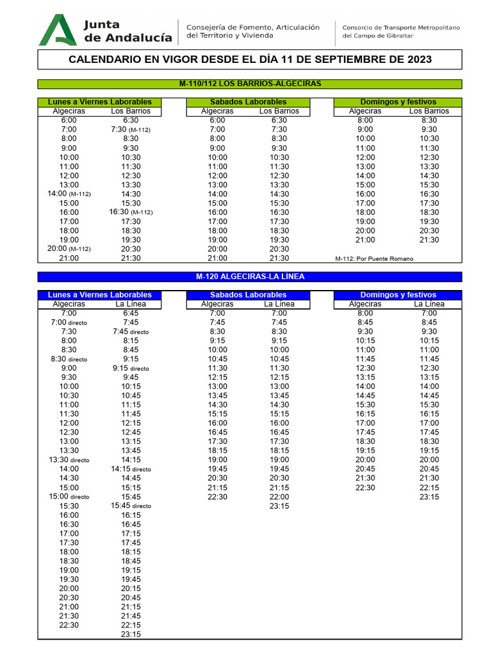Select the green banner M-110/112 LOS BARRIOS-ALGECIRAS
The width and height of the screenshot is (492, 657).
tap(250, 83)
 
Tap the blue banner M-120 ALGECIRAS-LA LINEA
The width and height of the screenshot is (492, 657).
tap(250, 277)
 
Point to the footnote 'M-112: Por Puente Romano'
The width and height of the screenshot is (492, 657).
tap(374, 259)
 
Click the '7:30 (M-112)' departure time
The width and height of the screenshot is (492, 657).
tap(131, 130)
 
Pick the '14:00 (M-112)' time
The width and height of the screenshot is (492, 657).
tap(69, 194)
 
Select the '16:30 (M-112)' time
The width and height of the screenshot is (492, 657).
tap(131, 212)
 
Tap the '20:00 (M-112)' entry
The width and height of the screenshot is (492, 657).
tap(69, 249)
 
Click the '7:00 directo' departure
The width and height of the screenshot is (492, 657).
tap(69, 322)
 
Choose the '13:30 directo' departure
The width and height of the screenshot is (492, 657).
tap(69, 460)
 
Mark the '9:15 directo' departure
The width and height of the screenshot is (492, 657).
tap(131, 368)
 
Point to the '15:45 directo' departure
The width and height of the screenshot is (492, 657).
tap(131, 506)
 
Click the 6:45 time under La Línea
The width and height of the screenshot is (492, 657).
tap(131, 313)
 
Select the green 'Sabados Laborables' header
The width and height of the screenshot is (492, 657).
tap(249, 102)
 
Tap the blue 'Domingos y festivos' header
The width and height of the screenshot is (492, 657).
tap(398, 294)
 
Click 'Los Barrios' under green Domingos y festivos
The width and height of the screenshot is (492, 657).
tap(429, 111)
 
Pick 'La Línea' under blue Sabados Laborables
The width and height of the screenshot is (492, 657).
tap(279, 304)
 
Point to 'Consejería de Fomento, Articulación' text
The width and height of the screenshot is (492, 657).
tap(252, 27)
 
